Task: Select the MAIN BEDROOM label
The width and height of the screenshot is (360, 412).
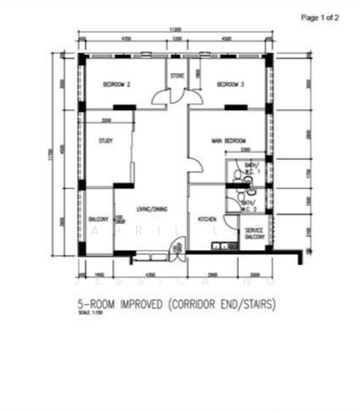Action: pyautogui.click(x=229, y=141)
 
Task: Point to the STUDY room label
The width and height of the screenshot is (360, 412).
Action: pyautogui.click(x=106, y=141)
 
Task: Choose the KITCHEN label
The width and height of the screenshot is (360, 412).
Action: pyautogui.click(x=207, y=219)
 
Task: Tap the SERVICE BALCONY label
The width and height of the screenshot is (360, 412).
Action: pyautogui.click(x=255, y=231)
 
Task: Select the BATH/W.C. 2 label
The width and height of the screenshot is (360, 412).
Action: pyautogui.click(x=248, y=205)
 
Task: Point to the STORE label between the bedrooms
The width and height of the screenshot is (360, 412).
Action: pyautogui.click(x=177, y=76)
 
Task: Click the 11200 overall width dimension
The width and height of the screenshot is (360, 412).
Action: pyautogui.click(x=176, y=30)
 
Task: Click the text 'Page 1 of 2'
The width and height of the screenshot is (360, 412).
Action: pyautogui.click(x=320, y=18)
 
